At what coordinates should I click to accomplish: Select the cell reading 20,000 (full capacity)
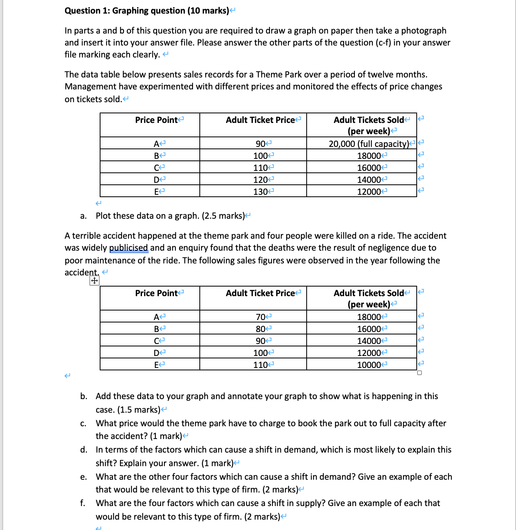point(369,144)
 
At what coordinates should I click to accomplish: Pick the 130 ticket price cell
point(260,192)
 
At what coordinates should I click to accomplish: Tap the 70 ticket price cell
point(260,317)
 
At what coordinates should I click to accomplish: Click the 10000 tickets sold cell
point(369,365)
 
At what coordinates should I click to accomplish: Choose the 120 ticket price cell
point(260,180)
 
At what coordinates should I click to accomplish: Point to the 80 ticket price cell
point(260,329)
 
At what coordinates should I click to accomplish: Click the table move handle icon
point(94,281)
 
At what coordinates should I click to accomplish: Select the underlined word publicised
point(129,248)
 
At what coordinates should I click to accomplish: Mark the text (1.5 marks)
point(139,410)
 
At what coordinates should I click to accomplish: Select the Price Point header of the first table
point(156,120)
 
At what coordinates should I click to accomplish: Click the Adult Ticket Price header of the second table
point(260,293)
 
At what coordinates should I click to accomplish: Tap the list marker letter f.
point(83,503)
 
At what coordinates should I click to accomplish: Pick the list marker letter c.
point(83,423)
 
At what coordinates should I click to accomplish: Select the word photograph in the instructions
point(423,31)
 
